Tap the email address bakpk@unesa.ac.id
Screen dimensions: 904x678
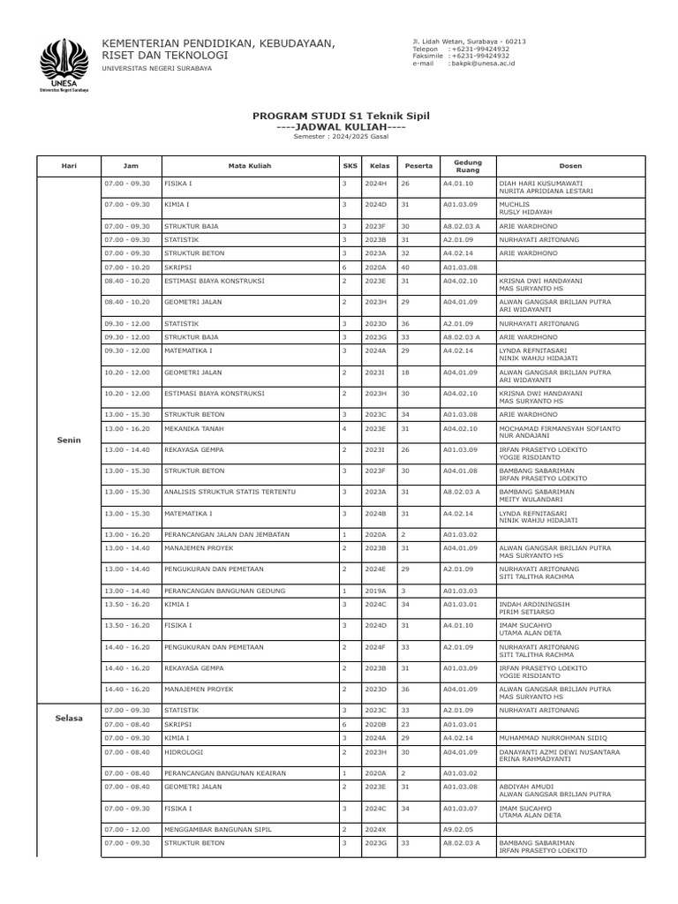point(483,64)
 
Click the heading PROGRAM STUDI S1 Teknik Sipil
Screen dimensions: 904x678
point(340,116)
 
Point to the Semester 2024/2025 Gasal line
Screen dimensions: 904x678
point(340,137)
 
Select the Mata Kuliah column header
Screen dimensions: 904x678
point(249,165)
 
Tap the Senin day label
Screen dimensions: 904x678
point(68,438)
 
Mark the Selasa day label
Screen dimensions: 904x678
point(68,718)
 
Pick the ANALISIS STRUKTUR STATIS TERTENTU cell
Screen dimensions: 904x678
point(230,491)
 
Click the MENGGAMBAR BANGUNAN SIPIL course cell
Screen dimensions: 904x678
point(217,829)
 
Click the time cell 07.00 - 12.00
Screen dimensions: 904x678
point(127,829)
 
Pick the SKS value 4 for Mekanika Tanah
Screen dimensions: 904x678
point(344,428)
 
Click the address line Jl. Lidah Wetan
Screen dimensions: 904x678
point(469,41)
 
